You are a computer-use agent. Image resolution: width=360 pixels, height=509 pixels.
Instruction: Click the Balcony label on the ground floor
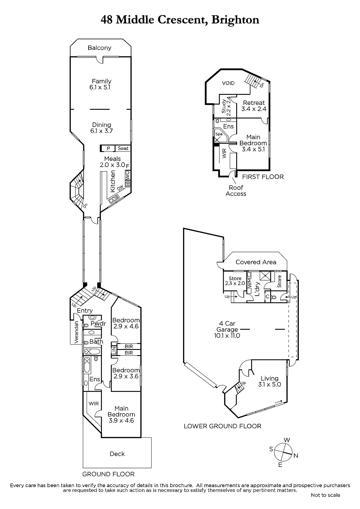99,48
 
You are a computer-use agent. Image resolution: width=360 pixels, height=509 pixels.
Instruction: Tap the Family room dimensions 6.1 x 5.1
100,87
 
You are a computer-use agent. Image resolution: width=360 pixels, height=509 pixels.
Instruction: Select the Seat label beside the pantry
123,148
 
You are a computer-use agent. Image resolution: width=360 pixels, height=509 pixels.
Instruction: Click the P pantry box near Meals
109,148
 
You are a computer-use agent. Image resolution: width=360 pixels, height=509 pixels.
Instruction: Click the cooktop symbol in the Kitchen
128,184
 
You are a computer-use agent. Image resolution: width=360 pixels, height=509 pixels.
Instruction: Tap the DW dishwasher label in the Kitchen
120,187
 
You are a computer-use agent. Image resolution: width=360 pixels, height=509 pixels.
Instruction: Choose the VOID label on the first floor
228,83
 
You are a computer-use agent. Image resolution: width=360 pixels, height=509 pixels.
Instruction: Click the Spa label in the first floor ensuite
219,134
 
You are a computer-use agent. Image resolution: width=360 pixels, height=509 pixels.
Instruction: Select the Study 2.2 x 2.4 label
226,106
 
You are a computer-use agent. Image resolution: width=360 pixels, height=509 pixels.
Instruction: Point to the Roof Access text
236,191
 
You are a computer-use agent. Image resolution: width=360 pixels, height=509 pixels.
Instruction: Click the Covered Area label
256,262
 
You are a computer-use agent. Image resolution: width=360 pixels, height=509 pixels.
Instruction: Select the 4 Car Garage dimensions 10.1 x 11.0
227,335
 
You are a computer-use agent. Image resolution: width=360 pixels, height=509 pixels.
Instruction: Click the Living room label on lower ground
270,378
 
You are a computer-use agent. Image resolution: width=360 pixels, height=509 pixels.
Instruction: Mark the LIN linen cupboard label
114,350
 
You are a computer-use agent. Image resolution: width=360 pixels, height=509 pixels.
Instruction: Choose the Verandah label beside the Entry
76,332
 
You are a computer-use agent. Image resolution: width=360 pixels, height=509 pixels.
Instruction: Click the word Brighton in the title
235,20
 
